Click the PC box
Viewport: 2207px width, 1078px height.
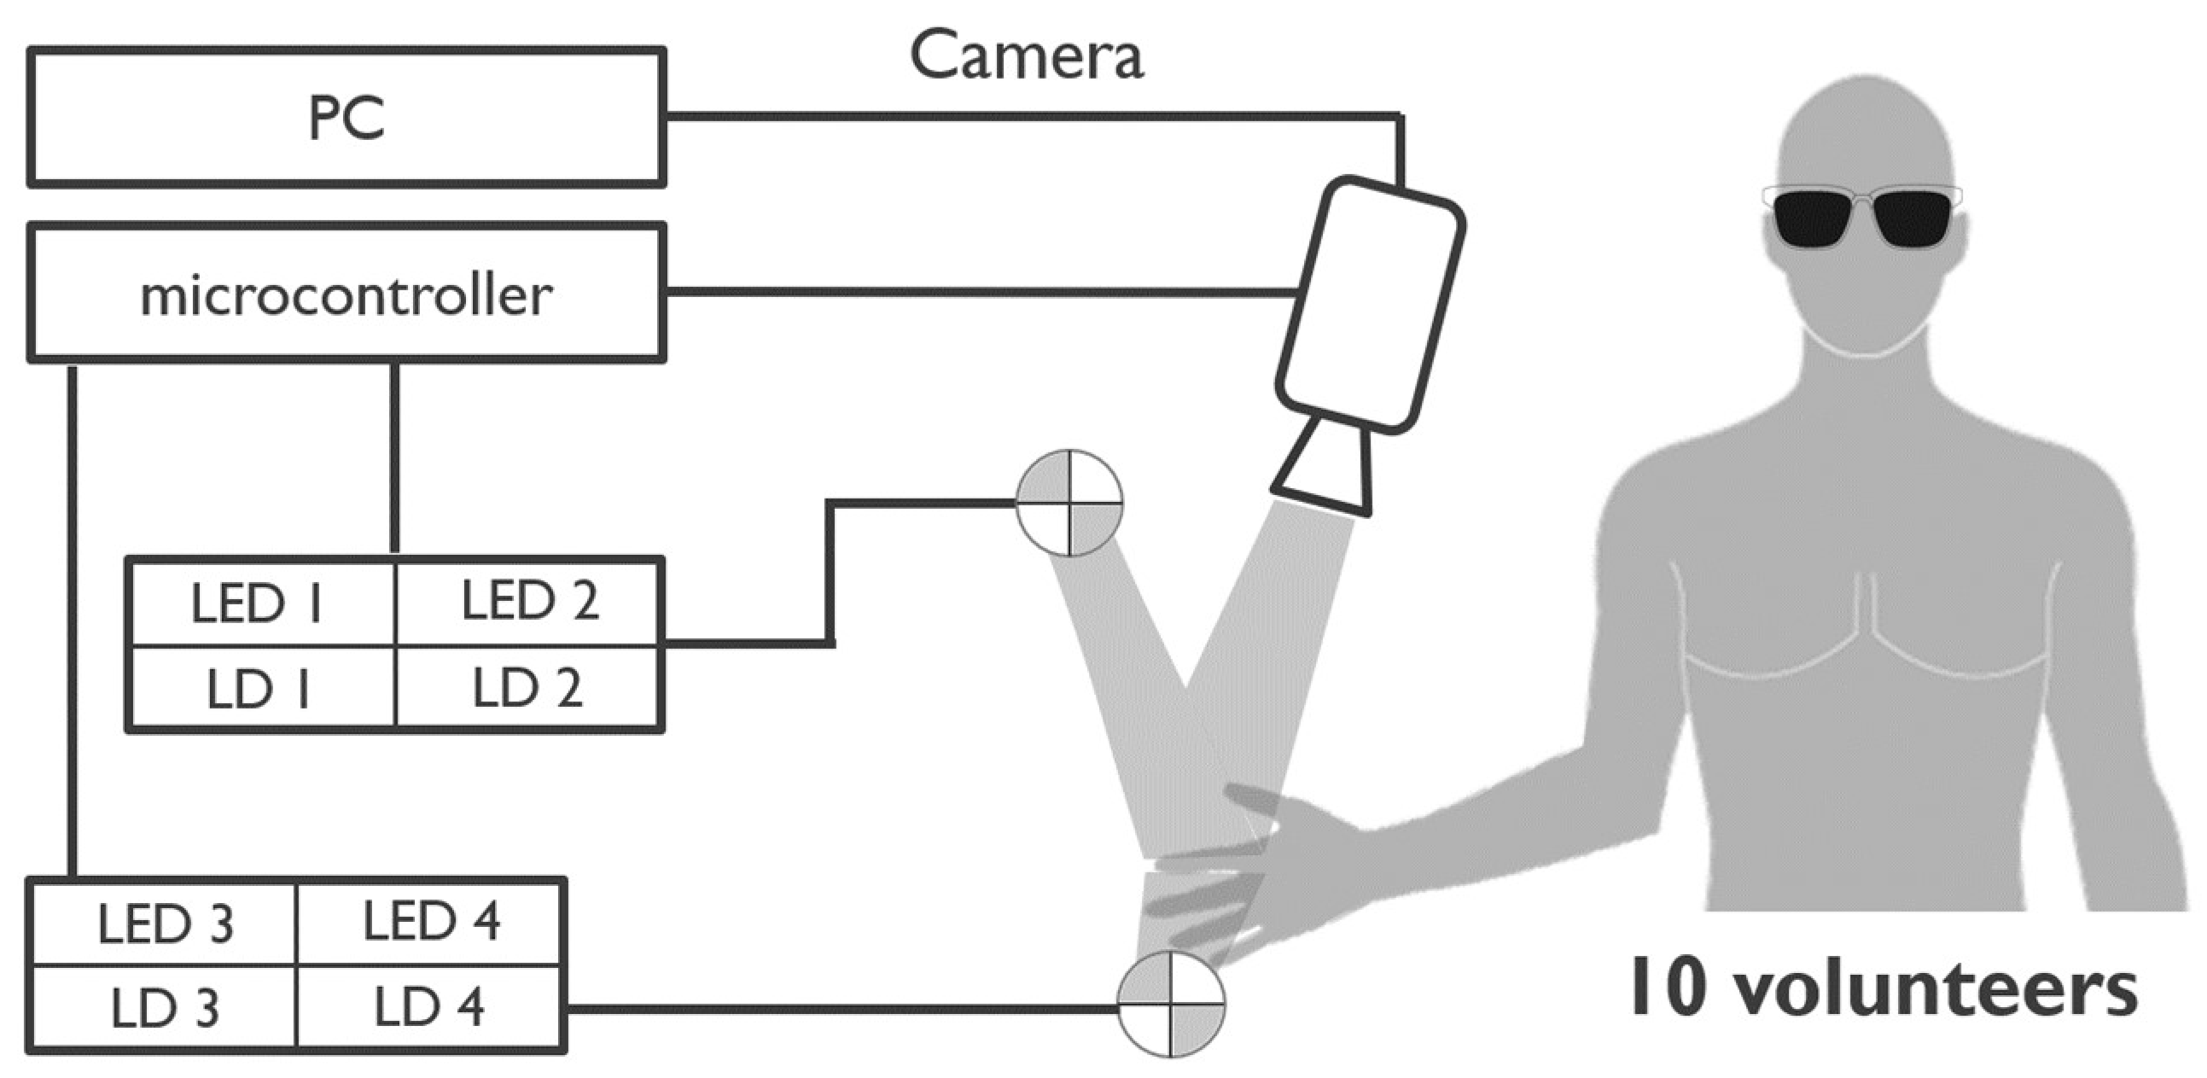pyautogui.click(x=346, y=118)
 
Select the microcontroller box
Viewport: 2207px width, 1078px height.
pyautogui.click(x=346, y=293)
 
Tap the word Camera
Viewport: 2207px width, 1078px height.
pyautogui.click(x=1026, y=56)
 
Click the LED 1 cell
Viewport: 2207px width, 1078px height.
pyautogui.click(x=260, y=603)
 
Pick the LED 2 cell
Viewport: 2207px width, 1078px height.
pyautogui.click(x=529, y=601)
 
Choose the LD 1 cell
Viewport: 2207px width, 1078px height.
pyautogui.click(x=260, y=688)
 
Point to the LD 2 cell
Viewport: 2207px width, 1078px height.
pyautogui.click(x=529, y=686)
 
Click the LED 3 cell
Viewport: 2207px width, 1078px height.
pyautogui.click(x=165, y=923)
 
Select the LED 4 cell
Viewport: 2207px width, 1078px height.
pyautogui.click(x=431, y=921)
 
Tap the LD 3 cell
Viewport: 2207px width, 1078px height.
pyautogui.click(x=165, y=1008)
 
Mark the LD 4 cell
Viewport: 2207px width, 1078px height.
pyautogui.click(x=431, y=1006)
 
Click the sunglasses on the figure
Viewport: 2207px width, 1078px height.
pyautogui.click(x=1861, y=216)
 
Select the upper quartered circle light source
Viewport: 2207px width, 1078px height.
pyautogui.click(x=1069, y=503)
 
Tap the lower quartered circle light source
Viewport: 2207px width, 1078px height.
pyautogui.click(x=1171, y=1004)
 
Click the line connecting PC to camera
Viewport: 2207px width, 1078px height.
pyautogui.click(x=1028, y=116)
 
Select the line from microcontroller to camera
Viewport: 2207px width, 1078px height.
pyautogui.click(x=976, y=293)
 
